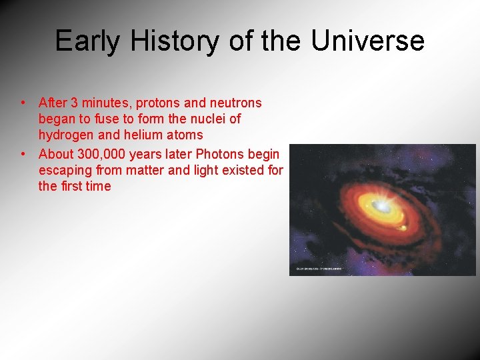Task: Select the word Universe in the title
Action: (367, 41)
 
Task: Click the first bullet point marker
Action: (23, 103)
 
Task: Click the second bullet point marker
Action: (23, 154)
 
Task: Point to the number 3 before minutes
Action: (75, 103)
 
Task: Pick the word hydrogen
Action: (67, 135)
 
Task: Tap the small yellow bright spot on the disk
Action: (402, 229)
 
